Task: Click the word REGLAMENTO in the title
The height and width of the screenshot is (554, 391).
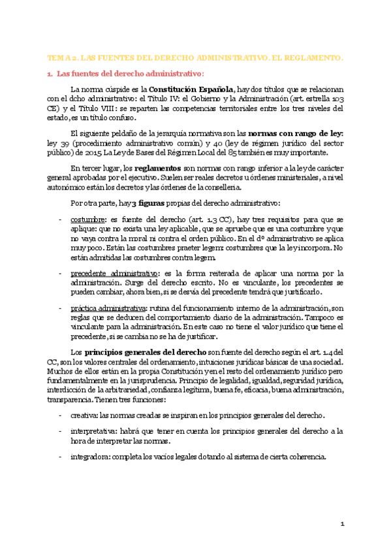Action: (316, 58)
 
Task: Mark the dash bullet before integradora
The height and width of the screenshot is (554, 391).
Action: (61, 456)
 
